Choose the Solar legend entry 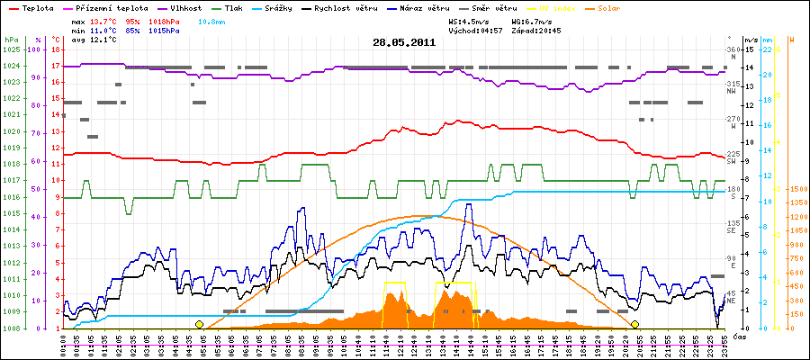coord(622,7)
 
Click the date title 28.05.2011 coord(404,41)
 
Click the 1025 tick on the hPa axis coord(11,49)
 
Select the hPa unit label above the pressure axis coord(11,40)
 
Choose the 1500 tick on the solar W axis coord(797,189)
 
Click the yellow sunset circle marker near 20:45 coord(635,324)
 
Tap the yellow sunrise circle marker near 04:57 coord(199,324)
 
